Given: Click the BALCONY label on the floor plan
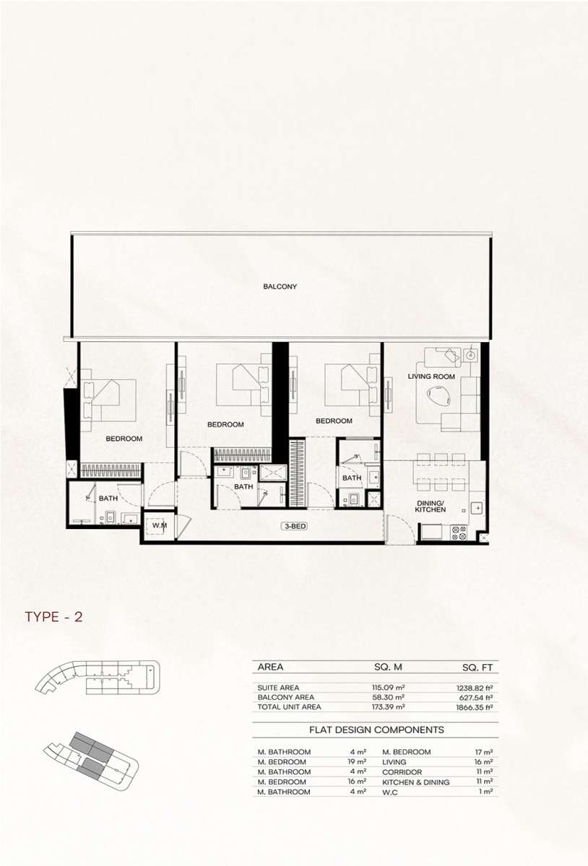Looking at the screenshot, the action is click(280, 287).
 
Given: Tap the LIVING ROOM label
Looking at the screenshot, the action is click(431, 376).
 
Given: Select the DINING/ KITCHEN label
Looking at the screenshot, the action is click(430, 506).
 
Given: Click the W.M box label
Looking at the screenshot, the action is click(159, 525).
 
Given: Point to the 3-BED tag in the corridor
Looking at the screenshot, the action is click(295, 526).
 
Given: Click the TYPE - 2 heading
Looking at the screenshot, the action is click(53, 616).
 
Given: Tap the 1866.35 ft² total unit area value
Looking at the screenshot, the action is click(475, 707).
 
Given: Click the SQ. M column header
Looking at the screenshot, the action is click(388, 667).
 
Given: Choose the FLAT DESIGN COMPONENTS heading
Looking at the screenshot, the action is click(376, 730).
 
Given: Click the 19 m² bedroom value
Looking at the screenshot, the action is click(357, 761).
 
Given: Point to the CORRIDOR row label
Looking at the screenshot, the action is click(402, 772).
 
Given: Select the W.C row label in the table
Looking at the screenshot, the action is click(390, 792).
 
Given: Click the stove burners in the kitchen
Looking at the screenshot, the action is click(459, 533).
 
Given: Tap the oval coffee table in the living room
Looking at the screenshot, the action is click(438, 397).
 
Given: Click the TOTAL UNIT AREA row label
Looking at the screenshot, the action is click(289, 707).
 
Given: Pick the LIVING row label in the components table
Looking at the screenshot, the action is click(394, 761).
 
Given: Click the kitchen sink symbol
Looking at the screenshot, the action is click(477, 507).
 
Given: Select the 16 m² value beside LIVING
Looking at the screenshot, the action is click(484, 761).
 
